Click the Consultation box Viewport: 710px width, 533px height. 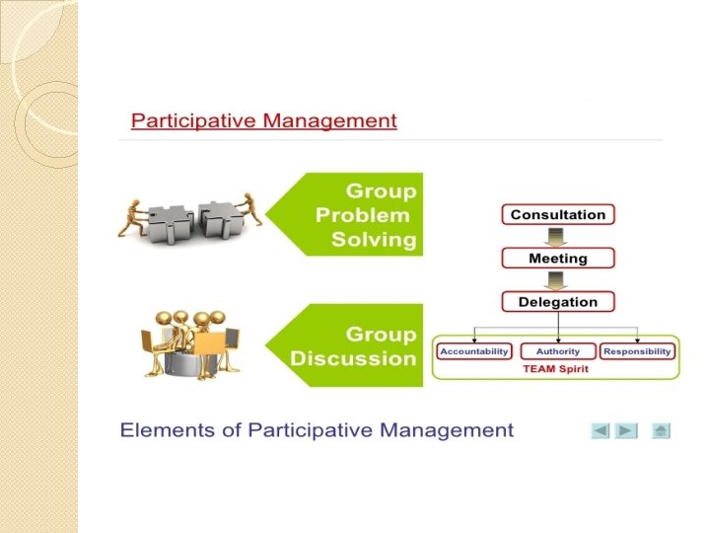[x=558, y=214]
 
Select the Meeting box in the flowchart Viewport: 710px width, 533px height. [x=558, y=259]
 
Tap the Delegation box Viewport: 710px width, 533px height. [x=558, y=302]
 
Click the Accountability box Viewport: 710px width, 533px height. [x=474, y=351]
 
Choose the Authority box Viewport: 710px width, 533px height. [x=558, y=351]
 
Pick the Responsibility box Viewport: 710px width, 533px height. [x=637, y=351]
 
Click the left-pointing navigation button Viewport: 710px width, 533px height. [x=601, y=430]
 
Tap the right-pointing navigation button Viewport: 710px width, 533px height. [x=627, y=430]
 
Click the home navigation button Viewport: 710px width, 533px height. [x=661, y=430]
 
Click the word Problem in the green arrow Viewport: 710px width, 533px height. [x=362, y=215]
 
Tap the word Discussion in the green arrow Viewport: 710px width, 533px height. [x=353, y=358]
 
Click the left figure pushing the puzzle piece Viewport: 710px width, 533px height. [x=134, y=214]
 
